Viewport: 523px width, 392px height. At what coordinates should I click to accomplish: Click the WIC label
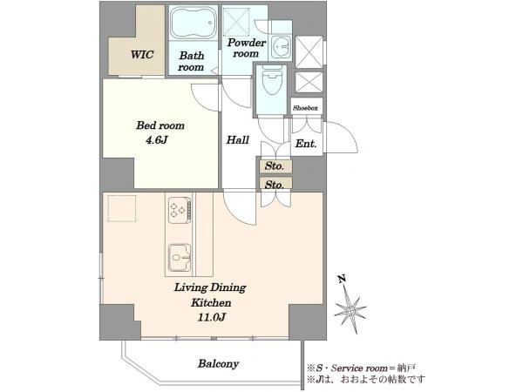[x=142, y=54]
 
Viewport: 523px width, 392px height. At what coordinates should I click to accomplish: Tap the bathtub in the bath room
[x=194, y=23]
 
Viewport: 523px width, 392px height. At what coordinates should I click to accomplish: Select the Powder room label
[x=246, y=48]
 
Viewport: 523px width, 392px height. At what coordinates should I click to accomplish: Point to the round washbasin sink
[x=281, y=47]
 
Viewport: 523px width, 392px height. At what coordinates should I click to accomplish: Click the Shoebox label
[x=306, y=108]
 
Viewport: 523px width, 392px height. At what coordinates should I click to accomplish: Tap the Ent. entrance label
[x=306, y=144]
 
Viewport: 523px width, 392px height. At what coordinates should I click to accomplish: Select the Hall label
[x=238, y=139]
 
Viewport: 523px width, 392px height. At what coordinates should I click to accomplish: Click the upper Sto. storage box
[x=275, y=166]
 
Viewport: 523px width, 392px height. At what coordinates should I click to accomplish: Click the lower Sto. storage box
[x=275, y=184]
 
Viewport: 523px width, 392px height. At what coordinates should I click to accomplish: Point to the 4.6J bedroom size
[x=156, y=140]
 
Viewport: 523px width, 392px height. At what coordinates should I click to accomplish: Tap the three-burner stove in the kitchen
[x=180, y=210]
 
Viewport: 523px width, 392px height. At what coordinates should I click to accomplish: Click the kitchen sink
[x=180, y=257]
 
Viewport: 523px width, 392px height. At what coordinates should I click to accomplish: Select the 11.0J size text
[x=212, y=317]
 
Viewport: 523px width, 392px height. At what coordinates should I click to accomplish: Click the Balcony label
[x=219, y=363]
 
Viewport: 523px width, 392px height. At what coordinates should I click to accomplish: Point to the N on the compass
[x=342, y=279]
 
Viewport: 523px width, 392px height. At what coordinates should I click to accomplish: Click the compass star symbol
[x=350, y=309]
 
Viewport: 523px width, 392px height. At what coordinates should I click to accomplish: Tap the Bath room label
[x=191, y=61]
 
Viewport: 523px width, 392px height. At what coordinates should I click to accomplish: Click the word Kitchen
[x=211, y=303]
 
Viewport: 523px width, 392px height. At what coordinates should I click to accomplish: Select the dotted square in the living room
[x=122, y=208]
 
